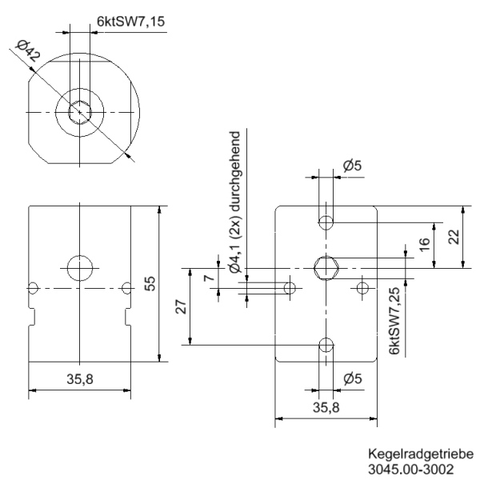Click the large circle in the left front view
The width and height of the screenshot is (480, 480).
coord(80,267)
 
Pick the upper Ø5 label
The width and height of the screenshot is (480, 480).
coord(352,166)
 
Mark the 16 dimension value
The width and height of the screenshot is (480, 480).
coord(425,242)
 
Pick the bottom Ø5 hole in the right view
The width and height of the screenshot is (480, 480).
coord(326,345)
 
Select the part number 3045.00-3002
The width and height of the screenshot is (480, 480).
coord(415,467)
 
